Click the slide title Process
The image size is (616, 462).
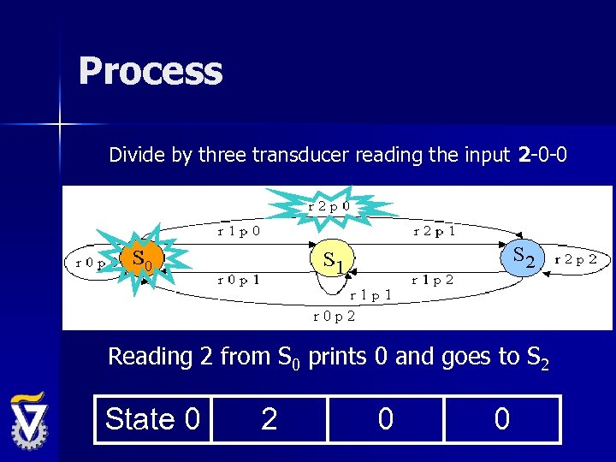tap(151, 71)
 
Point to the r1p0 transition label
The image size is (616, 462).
tap(239, 230)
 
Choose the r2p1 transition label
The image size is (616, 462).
tap(434, 230)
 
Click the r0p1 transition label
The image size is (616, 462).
tap(239, 280)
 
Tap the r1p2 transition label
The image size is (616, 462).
tap(432, 280)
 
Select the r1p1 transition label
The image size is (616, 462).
tap(370, 295)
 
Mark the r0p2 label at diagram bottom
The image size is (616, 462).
tap(334, 316)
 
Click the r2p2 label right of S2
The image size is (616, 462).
tap(576, 259)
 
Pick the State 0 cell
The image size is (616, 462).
tap(152, 419)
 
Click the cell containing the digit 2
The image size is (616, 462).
tap(269, 419)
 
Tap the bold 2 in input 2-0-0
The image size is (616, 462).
tap(524, 155)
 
